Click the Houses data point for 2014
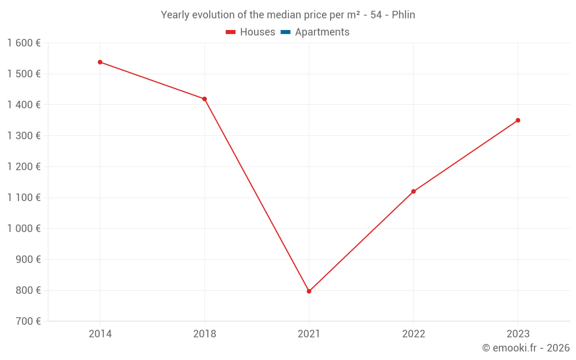click(x=100, y=62)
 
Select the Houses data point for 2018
click(x=204, y=99)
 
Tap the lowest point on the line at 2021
click(x=309, y=291)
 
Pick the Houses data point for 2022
click(x=414, y=191)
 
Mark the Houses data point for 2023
click(x=518, y=120)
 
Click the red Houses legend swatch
click(x=231, y=32)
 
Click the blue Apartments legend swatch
click(x=285, y=32)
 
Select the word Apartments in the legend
click(x=322, y=32)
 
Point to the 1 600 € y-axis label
click(x=24, y=43)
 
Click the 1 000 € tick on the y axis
click(x=24, y=228)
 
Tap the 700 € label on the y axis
click(x=27, y=321)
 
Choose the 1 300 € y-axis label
click(x=24, y=135)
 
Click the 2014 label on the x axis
click(x=100, y=334)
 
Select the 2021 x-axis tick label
click(x=309, y=334)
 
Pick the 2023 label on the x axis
click(x=518, y=334)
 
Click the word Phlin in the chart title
click(x=403, y=15)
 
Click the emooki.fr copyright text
click(x=526, y=348)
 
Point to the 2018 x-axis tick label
click(x=204, y=334)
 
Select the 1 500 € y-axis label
click(x=24, y=74)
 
